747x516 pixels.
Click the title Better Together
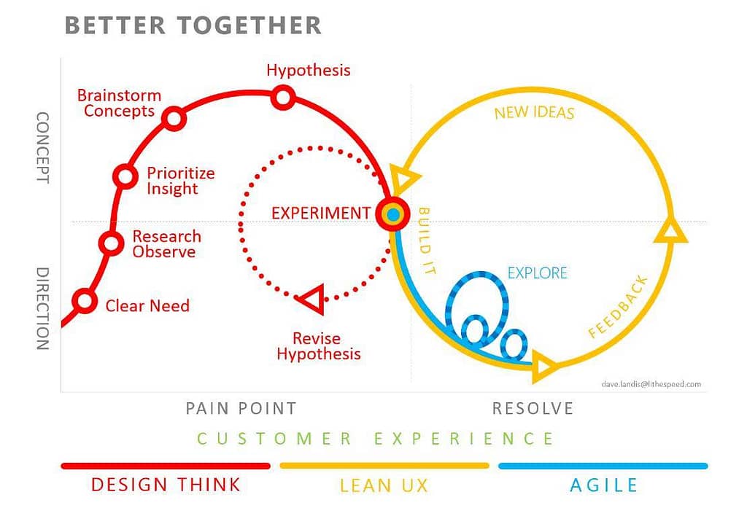coord(193,26)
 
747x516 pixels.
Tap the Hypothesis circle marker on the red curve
coord(283,98)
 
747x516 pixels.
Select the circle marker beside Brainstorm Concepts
coord(174,118)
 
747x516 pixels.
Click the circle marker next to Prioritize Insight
coord(125,176)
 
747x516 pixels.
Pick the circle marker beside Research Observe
coord(111,243)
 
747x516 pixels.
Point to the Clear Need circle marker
coord(85,301)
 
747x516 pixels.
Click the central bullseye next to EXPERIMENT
coord(393,214)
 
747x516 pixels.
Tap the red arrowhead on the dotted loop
coord(311,300)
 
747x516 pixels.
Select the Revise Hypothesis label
coord(318,346)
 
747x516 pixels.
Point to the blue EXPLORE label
coord(538,273)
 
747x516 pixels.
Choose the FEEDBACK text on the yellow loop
coord(619,307)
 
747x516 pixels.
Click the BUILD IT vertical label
coord(426,241)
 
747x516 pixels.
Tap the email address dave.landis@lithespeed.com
coord(651,384)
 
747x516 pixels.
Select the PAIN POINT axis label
coord(241,408)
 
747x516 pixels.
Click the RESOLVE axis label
coord(533,408)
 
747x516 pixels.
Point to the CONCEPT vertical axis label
coord(43,147)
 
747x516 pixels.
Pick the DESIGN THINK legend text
coord(166,485)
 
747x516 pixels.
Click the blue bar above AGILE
coord(603,466)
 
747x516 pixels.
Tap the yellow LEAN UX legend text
coord(384,485)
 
